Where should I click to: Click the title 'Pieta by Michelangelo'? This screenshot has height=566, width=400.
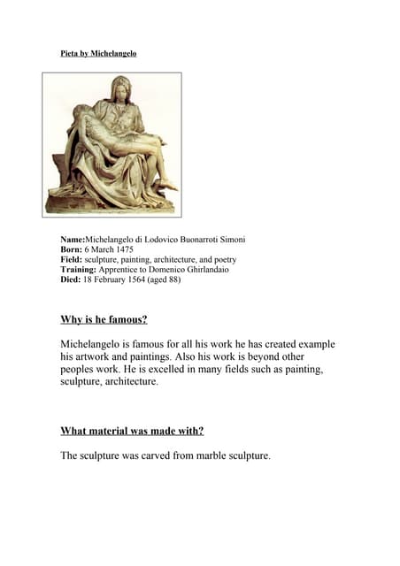pyautogui.click(x=98, y=54)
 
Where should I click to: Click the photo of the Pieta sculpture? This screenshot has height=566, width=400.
pyautogui.click(x=112, y=144)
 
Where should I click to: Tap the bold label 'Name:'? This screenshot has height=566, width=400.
pyautogui.click(x=73, y=240)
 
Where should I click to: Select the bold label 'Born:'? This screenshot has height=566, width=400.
pyautogui.click(x=72, y=249)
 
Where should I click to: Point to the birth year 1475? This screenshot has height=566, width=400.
pyautogui.click(x=121, y=249)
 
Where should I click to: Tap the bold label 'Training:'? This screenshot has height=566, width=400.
pyautogui.click(x=78, y=269)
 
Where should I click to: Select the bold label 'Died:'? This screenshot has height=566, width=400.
pyautogui.click(x=71, y=279)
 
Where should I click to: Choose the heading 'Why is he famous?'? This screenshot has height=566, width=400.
pyautogui.click(x=104, y=319)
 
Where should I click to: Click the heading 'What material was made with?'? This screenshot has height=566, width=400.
pyautogui.click(x=132, y=431)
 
